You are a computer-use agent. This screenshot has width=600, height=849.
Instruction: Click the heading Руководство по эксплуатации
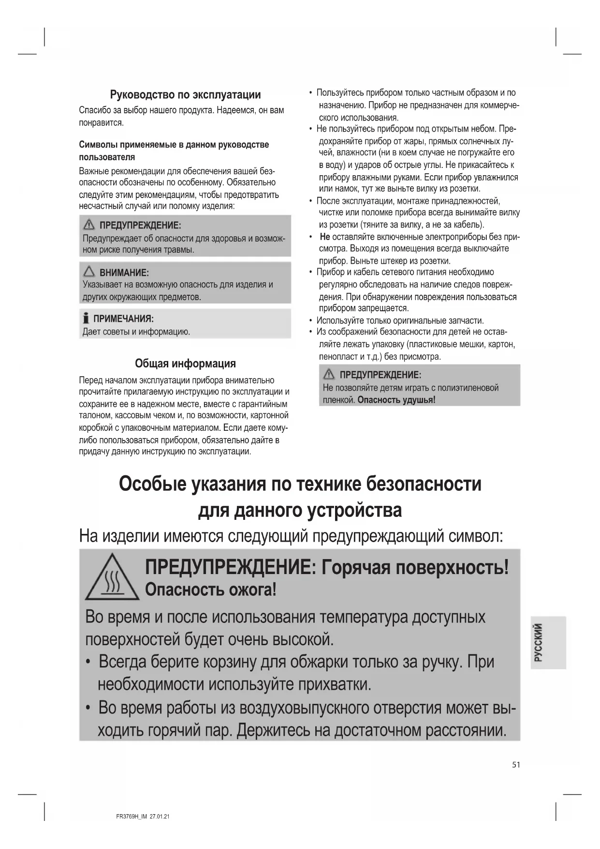pos(185,94)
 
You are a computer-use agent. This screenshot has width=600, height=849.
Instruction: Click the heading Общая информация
pos(185,364)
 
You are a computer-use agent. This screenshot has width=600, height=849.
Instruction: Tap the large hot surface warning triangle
pos(112,578)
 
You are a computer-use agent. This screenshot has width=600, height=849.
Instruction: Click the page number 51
pos(516,765)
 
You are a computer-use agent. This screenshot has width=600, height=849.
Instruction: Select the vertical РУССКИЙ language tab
pos(539,642)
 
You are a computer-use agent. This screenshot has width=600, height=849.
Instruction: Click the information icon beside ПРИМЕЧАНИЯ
pos(86,318)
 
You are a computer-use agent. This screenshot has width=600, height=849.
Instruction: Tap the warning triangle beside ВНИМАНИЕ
pos(89,272)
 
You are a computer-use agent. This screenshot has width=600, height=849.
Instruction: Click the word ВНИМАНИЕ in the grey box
pos(124,273)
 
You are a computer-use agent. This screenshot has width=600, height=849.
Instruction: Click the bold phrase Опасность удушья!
pos(396,400)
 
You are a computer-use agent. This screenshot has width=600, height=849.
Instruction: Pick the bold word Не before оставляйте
pos(325,237)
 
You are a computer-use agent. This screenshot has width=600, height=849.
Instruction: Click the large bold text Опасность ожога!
pos(211,590)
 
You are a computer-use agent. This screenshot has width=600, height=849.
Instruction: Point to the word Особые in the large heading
pos(152,484)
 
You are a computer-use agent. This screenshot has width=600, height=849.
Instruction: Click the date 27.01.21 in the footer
pos(160,817)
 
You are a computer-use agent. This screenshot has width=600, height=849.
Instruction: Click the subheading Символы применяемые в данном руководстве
pos(174,145)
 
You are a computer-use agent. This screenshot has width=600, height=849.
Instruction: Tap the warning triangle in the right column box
pos(329,374)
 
